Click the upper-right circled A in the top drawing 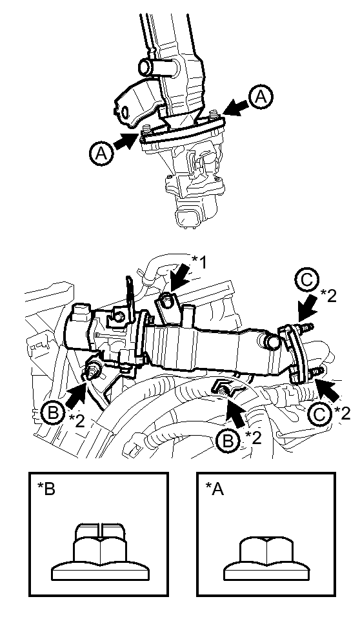click(x=261, y=97)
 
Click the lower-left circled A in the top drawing click(x=102, y=153)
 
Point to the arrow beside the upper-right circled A click(x=235, y=108)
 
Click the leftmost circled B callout click(x=53, y=414)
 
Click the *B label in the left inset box click(x=46, y=489)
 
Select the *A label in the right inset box click(x=214, y=489)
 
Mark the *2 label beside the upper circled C click(x=328, y=295)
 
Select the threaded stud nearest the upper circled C click(x=307, y=327)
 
